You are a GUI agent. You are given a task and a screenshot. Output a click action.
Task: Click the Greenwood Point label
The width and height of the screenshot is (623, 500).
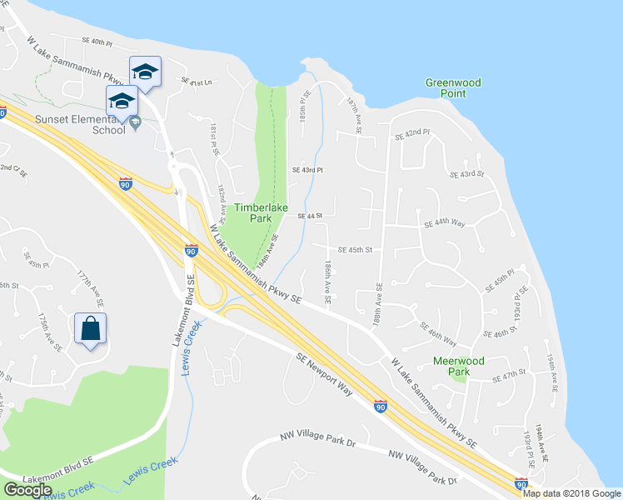pos(453,88)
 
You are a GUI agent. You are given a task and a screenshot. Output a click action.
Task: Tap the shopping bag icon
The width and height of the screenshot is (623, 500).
pos(90,328)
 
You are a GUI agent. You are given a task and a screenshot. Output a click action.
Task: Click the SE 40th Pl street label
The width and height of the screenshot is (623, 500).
pos(97,41)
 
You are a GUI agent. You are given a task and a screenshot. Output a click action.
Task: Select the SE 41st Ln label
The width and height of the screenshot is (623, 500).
pos(198,82)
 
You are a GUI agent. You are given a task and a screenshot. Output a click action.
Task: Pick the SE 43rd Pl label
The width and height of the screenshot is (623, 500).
pos(307,170)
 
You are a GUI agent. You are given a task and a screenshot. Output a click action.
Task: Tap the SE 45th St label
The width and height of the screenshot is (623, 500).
pos(354,249)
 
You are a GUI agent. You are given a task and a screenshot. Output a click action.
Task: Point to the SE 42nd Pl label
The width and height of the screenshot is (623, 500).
pos(411,133)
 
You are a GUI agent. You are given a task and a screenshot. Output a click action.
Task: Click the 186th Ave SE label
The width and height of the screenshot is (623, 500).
pos(329,281)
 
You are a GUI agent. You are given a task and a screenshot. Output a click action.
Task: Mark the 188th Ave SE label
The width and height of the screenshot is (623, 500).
pos(378,307)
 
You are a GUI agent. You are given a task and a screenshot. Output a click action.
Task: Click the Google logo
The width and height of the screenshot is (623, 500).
pos(27,490)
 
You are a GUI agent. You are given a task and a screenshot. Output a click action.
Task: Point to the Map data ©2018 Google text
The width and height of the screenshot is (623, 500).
pos(571,493)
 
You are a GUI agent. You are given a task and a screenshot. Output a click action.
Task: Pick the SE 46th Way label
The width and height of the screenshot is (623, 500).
pos(439,333)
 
